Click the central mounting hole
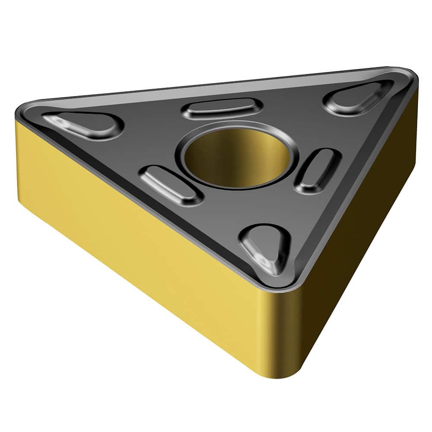[237, 158]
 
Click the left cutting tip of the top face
[22, 111]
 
